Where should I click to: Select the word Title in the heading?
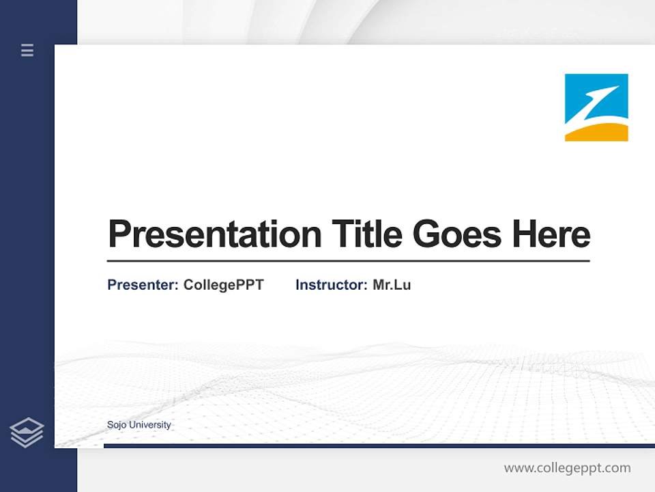pyautogui.click(x=366, y=234)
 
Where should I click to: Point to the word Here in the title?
pyautogui.click(x=551, y=234)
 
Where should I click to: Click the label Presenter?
pyautogui.click(x=143, y=285)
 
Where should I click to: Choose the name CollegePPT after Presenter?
pyautogui.click(x=223, y=285)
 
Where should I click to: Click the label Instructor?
pyautogui.click(x=332, y=285)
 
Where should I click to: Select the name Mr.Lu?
pyautogui.click(x=392, y=285)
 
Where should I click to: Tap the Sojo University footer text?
pyautogui.click(x=139, y=425)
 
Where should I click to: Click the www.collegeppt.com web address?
pyautogui.click(x=567, y=468)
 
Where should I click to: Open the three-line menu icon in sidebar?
pyautogui.click(x=27, y=50)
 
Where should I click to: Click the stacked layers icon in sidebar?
pyautogui.click(x=27, y=433)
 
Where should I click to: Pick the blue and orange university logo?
pyautogui.click(x=596, y=107)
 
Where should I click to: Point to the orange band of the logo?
pyautogui.click(x=596, y=133)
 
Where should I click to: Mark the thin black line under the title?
pyautogui.click(x=348, y=261)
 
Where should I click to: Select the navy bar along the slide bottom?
pyautogui.click(x=379, y=446)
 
